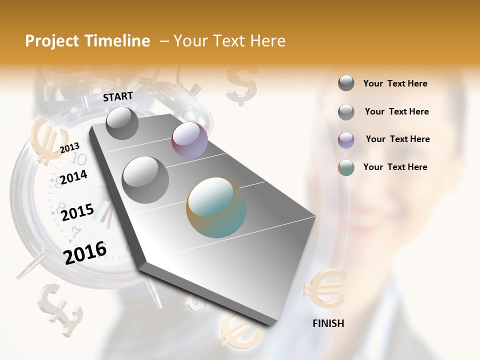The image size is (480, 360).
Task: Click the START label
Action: [x=118, y=96]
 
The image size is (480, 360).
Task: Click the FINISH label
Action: [x=328, y=323]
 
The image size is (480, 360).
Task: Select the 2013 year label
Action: [x=70, y=147]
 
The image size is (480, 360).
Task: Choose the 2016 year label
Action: [x=85, y=252]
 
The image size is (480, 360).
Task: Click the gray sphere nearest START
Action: [x=122, y=123]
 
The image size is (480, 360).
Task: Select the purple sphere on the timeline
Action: [x=189, y=140]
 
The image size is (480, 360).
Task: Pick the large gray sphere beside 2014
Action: [x=145, y=179]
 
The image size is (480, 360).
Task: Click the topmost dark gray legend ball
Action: [x=346, y=83]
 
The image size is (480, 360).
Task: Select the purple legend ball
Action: [x=346, y=140]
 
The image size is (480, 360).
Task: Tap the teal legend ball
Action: [x=346, y=168]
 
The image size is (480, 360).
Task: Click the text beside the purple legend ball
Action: [x=397, y=139]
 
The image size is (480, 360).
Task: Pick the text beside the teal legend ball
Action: [x=395, y=167]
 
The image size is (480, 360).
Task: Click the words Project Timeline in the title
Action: [x=87, y=41]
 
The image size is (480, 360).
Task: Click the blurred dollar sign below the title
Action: [x=241, y=84]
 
